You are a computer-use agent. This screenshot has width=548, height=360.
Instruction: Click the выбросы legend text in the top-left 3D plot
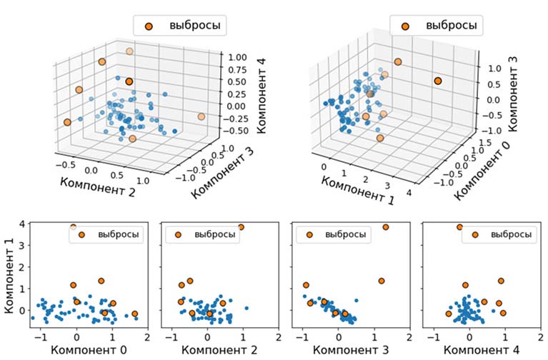coord(193,26)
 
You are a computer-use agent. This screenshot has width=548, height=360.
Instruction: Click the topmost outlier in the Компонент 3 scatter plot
coord(386,227)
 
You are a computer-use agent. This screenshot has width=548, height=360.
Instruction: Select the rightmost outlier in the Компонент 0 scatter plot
coord(135,314)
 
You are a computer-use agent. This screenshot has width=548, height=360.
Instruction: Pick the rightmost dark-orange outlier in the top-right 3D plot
coord(438,81)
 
